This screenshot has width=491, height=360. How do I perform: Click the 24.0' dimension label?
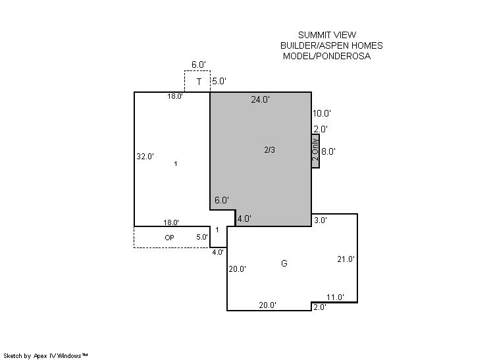pos(260,99)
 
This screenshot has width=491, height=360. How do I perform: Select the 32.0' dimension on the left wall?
pos(145,156)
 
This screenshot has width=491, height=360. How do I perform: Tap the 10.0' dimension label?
pos(322,113)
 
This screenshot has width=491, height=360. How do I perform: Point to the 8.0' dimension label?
pos(328,151)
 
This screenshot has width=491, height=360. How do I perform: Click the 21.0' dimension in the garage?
pos(346,259)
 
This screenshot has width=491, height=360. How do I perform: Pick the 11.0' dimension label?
pos(336,297)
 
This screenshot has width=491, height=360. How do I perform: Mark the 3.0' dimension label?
pos(321,220)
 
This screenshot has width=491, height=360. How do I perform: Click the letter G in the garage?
pos(284,263)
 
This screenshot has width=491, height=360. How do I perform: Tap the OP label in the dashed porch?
pos(169,238)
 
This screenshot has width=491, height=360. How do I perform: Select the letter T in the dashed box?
pos(199,82)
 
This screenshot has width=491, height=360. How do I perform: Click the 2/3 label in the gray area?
pos(269,150)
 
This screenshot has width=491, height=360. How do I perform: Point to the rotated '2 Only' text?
pos(315,149)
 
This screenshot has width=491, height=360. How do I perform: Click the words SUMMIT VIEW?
pos(327,35)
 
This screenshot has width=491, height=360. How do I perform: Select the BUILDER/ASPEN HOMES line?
pos(331,45)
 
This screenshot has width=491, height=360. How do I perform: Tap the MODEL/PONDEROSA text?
pos(326,57)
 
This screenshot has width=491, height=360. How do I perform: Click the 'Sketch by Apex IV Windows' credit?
pos(45,355)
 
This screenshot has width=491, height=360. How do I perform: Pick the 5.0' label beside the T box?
pos(219,81)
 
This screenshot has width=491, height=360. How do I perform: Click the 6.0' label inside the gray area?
pos(222,200)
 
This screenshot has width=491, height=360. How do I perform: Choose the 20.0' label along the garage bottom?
pos(267,305)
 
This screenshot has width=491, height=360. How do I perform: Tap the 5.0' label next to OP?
pos(202,237)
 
